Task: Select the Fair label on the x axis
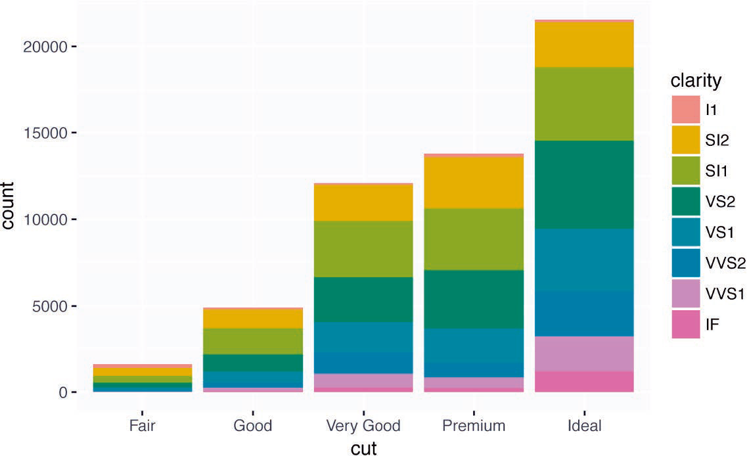click(x=143, y=425)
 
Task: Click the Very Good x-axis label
click(x=363, y=425)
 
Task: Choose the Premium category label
click(x=474, y=425)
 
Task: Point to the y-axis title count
click(x=9, y=206)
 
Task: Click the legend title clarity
click(x=696, y=81)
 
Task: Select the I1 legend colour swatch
click(x=685, y=109)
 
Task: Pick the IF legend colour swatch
click(x=685, y=325)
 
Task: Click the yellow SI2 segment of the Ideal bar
click(x=584, y=45)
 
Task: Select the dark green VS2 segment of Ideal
click(x=584, y=184)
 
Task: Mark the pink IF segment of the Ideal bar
click(x=584, y=381)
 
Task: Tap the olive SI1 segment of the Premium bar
click(x=474, y=239)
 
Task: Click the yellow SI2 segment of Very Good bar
click(x=363, y=203)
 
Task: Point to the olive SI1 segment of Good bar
click(x=253, y=341)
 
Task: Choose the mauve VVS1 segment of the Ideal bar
click(x=584, y=353)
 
